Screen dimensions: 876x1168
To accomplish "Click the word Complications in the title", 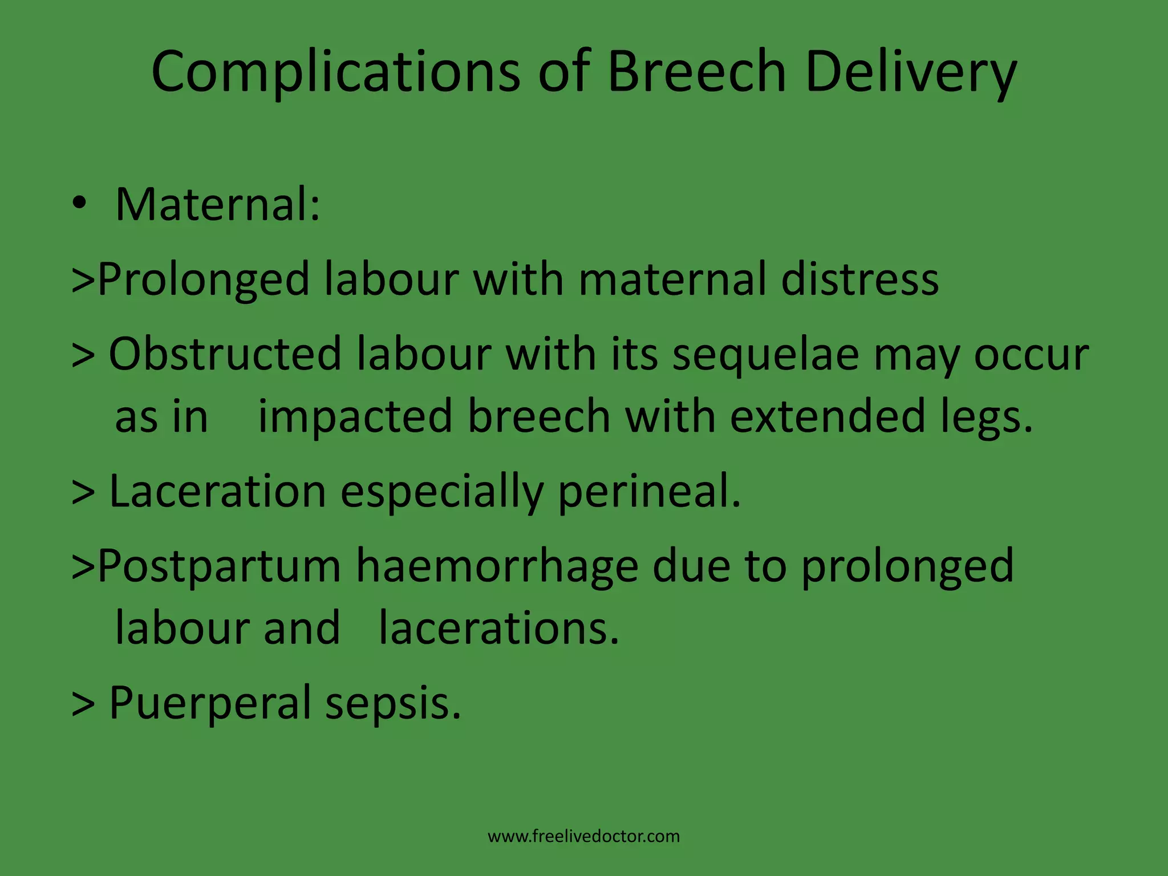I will click(x=335, y=72).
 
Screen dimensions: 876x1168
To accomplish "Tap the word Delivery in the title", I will click(x=911, y=72).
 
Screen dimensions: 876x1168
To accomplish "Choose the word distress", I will click(x=859, y=279).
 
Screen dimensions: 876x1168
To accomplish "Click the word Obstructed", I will click(x=225, y=354).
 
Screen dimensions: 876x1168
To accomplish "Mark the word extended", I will click(x=828, y=416).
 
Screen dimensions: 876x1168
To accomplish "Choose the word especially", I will click(x=441, y=492).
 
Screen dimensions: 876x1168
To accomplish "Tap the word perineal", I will click(x=649, y=492).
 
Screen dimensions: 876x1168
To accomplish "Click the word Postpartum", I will click(x=219, y=566).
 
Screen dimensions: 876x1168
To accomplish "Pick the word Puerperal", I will click(x=209, y=703).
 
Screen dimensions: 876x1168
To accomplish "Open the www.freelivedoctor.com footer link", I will click(x=583, y=837).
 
